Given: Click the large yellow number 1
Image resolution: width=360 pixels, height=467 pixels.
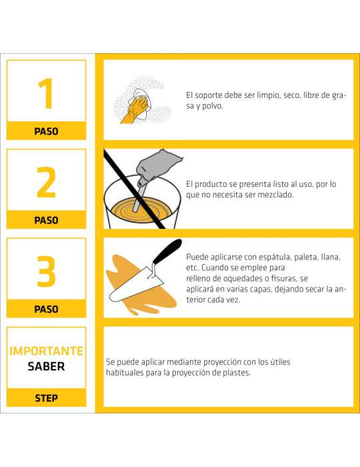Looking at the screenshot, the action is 47,93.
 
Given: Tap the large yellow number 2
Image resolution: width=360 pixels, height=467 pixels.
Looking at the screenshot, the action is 46,182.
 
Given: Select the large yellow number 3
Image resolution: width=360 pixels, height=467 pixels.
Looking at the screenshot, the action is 46,272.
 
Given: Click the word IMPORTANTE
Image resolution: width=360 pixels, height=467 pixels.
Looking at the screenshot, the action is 47,351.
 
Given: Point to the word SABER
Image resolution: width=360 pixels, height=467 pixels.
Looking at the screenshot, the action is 46,366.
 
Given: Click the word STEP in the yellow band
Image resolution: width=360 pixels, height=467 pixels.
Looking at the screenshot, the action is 46,398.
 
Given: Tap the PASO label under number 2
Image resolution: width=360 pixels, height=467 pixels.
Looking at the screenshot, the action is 46,220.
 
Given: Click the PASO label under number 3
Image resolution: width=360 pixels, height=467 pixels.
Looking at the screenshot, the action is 46,309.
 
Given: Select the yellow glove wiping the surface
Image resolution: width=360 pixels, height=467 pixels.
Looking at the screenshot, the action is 135,109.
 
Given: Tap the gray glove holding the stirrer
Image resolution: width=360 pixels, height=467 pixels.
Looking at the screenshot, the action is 158,166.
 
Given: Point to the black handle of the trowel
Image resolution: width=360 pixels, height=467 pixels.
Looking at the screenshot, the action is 167,251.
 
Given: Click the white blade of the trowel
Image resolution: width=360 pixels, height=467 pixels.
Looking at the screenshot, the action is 135,286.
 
